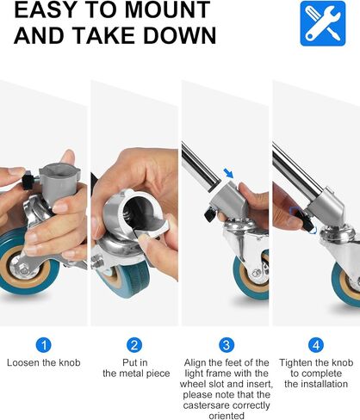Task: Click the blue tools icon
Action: (x=323, y=23)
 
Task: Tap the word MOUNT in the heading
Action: (x=168, y=9)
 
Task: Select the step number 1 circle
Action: (x=44, y=345)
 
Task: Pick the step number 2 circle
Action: (x=134, y=345)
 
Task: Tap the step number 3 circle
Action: (x=227, y=345)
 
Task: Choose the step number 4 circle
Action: (x=316, y=345)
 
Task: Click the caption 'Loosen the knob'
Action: (x=44, y=362)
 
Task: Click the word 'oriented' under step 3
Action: (x=227, y=416)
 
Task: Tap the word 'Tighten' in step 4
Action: (x=294, y=363)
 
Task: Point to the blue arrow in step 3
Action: (x=228, y=173)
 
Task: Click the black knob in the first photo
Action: (x=28, y=180)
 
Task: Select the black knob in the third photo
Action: (x=209, y=214)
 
